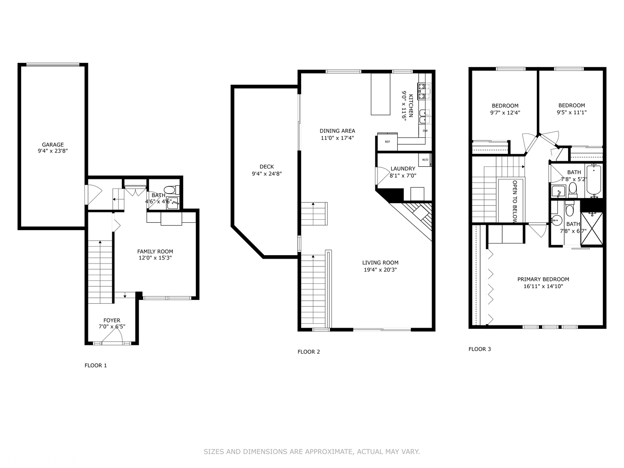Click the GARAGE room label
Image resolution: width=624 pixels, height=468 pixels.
pyautogui.click(x=52, y=145)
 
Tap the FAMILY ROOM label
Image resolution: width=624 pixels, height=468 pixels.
pyautogui.click(x=155, y=251)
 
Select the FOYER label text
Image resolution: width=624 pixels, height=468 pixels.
pyautogui.click(x=112, y=321)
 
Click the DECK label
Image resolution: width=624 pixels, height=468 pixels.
pyautogui.click(x=266, y=167)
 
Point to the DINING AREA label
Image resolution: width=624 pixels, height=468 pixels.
pyautogui.click(x=337, y=131)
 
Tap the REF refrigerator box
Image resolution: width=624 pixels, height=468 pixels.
pyautogui.click(x=387, y=142)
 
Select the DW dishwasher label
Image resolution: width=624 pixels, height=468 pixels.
pyautogui.click(x=425, y=130)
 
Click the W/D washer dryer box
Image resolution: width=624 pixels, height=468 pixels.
pyautogui.click(x=425, y=160)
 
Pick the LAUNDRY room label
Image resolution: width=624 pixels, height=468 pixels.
pyautogui.click(x=403, y=169)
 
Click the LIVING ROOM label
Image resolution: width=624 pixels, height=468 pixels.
pyautogui.click(x=380, y=263)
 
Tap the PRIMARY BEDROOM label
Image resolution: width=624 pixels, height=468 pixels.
pyautogui.click(x=543, y=279)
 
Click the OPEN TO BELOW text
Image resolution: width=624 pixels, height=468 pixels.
pyautogui.click(x=515, y=201)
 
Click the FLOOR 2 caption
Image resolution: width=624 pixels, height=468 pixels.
pyautogui.click(x=309, y=352)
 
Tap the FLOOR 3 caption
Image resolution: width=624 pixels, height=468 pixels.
pyautogui.click(x=480, y=349)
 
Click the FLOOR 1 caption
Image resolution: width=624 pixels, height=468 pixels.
pyautogui.click(x=95, y=365)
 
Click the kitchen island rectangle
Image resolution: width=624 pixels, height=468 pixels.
pyautogui.click(x=380, y=94)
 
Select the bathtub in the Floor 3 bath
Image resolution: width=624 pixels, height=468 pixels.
pyautogui.click(x=593, y=180)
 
